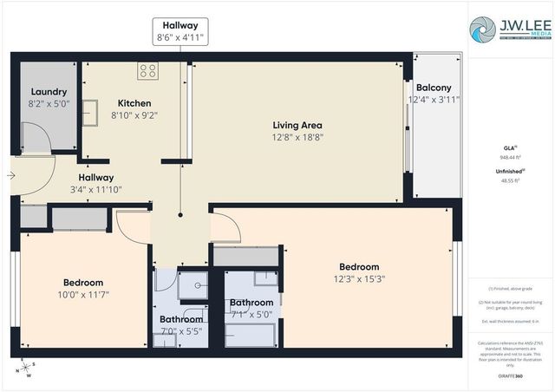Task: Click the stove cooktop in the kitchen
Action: (147, 72)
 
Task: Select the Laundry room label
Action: (49, 92)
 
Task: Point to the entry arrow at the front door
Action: (10, 175)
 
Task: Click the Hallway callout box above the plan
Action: (180, 29)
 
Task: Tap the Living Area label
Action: (297, 124)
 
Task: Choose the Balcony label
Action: (433, 88)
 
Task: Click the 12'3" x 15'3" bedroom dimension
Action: (358, 279)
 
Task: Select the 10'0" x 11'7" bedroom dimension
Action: (83, 295)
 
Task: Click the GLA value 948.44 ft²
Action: (510, 158)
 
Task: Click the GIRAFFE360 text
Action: (510, 376)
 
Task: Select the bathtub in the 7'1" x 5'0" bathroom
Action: (251, 334)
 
